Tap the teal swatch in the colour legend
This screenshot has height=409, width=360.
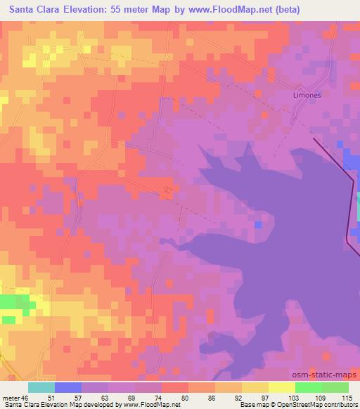click(x=41, y=387)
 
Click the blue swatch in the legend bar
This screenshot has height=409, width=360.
click(x=67, y=387)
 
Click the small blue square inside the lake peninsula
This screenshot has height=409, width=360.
click(x=259, y=224)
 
